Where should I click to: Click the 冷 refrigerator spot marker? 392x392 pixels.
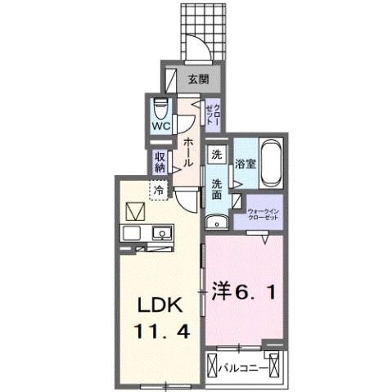(156, 191)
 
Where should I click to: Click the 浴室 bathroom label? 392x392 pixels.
(246, 162)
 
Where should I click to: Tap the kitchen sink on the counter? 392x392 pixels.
(163, 234)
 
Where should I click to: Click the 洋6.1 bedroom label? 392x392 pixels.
(248, 291)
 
